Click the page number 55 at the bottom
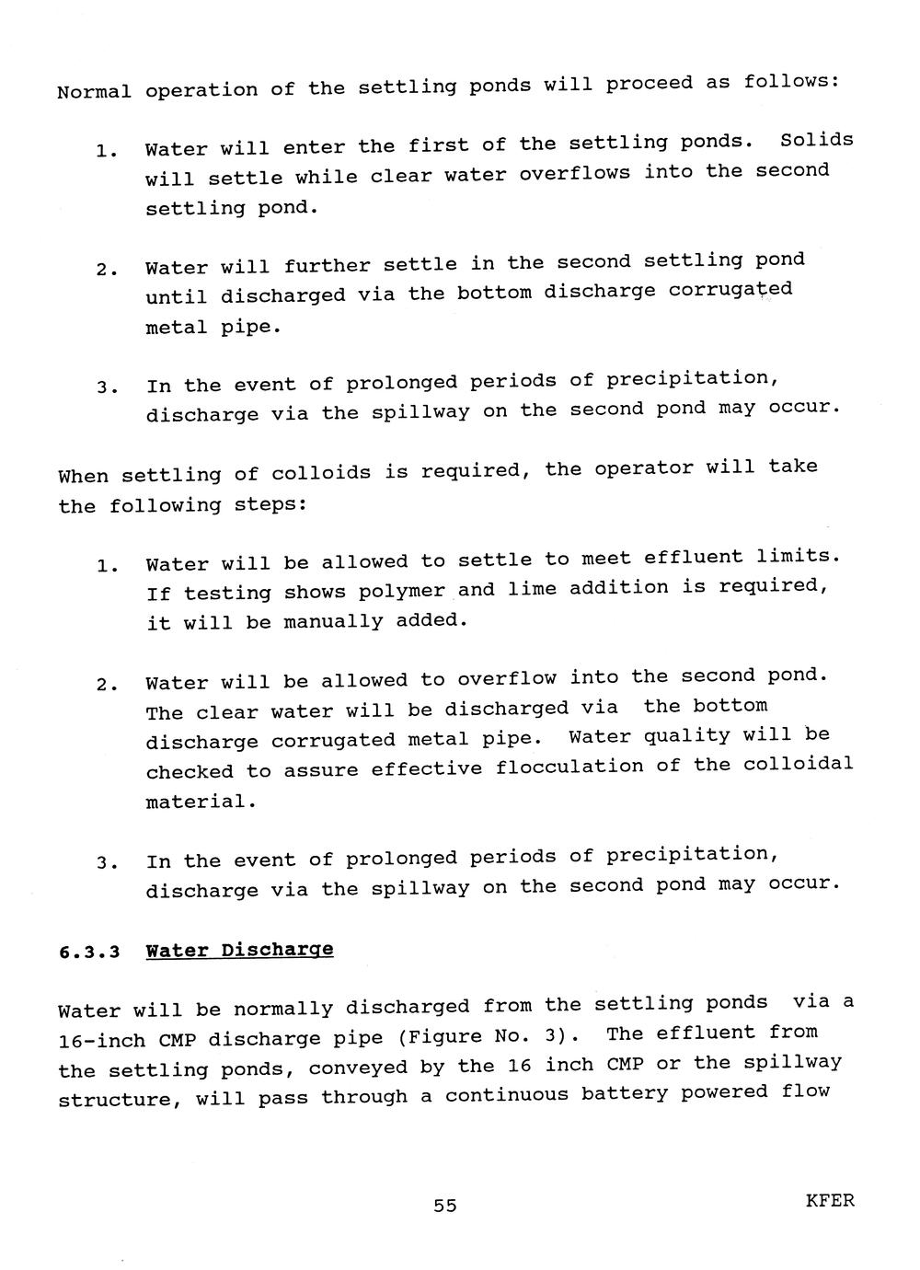445,1206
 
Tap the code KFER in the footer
830,1201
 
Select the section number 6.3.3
90,952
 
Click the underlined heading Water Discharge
239,950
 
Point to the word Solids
817,140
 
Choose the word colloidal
799,764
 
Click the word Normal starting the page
94,92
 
